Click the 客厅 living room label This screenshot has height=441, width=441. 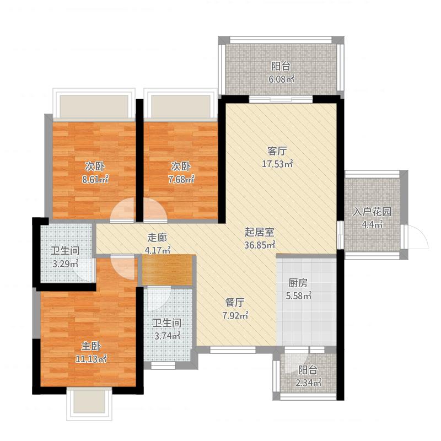pyautogui.click(x=277, y=151)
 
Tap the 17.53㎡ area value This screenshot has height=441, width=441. pyautogui.click(x=277, y=164)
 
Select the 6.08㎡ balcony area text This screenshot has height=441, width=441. pyautogui.click(x=281, y=79)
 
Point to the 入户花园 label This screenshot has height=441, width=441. pyautogui.click(x=372, y=212)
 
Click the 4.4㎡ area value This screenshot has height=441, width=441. pyautogui.click(x=372, y=224)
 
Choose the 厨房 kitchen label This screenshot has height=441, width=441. pyautogui.click(x=298, y=283)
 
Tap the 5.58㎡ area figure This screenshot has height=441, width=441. pyautogui.click(x=298, y=295)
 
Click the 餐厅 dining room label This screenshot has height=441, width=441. pyautogui.click(x=235, y=303)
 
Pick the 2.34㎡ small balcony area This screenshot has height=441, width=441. pyautogui.click(x=308, y=383)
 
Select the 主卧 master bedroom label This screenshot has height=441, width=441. pyautogui.click(x=91, y=346)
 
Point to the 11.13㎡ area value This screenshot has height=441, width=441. pyautogui.click(x=91, y=359)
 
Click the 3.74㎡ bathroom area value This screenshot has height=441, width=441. pyautogui.click(x=168, y=336)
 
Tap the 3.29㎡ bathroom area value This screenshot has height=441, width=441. pyautogui.click(x=65, y=263)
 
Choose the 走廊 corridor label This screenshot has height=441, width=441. pyautogui.click(x=157, y=238)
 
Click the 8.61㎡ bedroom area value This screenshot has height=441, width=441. pyautogui.click(x=95, y=179)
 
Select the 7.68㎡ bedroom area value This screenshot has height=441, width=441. pyautogui.click(x=181, y=179)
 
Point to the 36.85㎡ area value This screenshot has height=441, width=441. pyautogui.click(x=259, y=245)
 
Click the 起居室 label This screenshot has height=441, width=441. pyautogui.click(x=259, y=232)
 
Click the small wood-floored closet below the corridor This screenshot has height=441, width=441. pyautogui.click(x=167, y=270)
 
